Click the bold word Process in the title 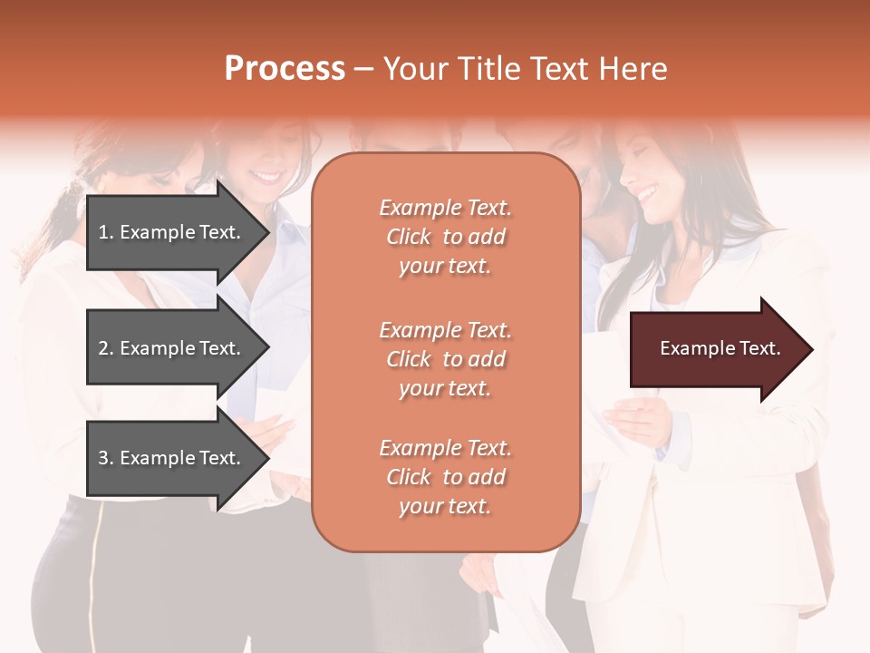pos(285,69)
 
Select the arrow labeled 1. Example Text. pos(172,232)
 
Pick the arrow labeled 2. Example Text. pos(172,348)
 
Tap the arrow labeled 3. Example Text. pos(172,458)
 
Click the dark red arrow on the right pos(716,349)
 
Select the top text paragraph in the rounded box pos(445,237)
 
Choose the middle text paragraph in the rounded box pos(445,359)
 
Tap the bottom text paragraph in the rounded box pos(445,477)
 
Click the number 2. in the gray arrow pos(105,348)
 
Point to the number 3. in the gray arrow pos(105,458)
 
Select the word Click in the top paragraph pos(408,238)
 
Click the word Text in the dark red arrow pos(759,348)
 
